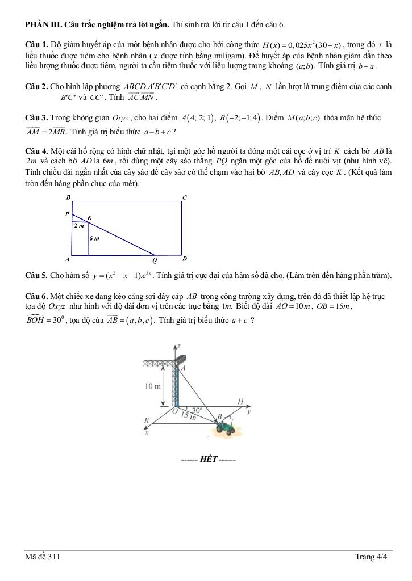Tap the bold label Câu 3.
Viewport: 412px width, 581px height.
pos(37,118)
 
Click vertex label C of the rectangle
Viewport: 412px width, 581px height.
pos(184,197)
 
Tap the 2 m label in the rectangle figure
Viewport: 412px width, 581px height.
pos(79,225)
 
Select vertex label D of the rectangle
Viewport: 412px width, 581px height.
pos(184,259)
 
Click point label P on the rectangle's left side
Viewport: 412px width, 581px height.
pos(67,214)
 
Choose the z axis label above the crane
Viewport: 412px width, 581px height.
pos(178,345)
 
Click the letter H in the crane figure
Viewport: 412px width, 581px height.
pos(240,401)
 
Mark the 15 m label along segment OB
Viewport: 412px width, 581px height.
pos(188,417)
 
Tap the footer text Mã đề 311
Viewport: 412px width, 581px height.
pos(43,557)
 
